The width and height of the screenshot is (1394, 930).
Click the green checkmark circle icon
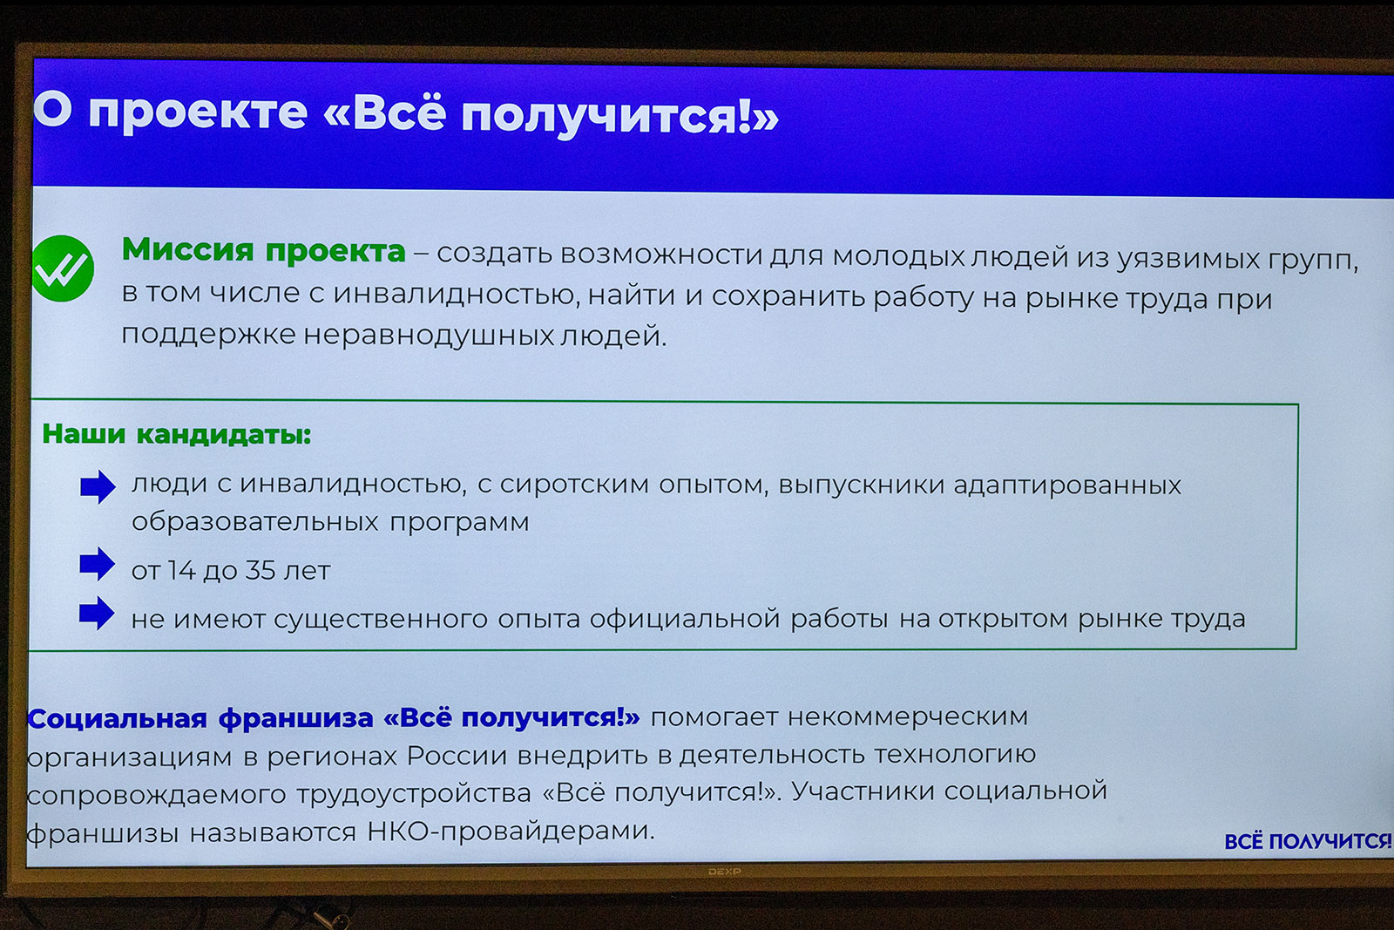coord(62,268)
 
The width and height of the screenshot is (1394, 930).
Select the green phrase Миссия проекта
coord(263,250)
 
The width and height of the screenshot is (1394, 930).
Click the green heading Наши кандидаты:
coord(176,434)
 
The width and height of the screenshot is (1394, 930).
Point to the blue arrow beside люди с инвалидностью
coord(98,486)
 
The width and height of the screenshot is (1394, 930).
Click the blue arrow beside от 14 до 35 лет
coord(97,564)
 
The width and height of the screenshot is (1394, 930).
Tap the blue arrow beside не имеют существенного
coord(97,614)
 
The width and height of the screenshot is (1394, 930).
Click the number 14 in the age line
coord(182,570)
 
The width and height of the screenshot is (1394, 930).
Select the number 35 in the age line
coord(261,570)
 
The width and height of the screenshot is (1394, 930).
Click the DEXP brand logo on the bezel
coord(725,872)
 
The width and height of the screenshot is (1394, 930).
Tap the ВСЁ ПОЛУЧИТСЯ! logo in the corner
coord(1307,841)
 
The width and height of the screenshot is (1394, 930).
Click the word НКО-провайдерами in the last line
coord(511,831)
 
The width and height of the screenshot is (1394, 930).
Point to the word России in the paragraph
coord(457,756)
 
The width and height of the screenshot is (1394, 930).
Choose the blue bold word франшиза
coord(295,718)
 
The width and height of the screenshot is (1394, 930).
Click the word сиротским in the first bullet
coord(574,484)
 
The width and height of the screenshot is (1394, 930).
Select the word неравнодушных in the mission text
coord(429,335)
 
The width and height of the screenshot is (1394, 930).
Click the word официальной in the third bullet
coord(685,619)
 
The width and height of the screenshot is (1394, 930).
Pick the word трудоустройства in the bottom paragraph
coord(413,794)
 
